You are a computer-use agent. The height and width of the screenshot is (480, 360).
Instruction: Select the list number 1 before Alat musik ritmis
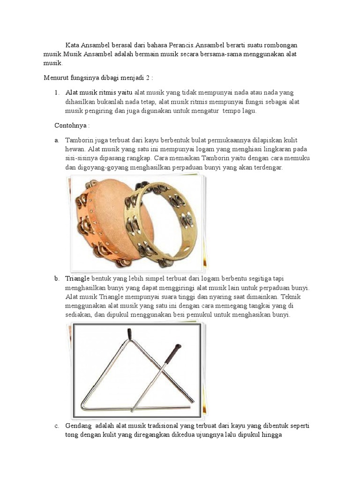57,92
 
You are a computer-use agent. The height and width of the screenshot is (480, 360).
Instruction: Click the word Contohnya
71,126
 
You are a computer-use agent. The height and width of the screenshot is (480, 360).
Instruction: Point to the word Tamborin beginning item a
80,140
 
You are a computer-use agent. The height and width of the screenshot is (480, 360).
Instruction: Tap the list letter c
56,426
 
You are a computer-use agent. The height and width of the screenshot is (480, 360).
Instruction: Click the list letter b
56,278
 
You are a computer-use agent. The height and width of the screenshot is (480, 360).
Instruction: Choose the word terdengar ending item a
268,167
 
